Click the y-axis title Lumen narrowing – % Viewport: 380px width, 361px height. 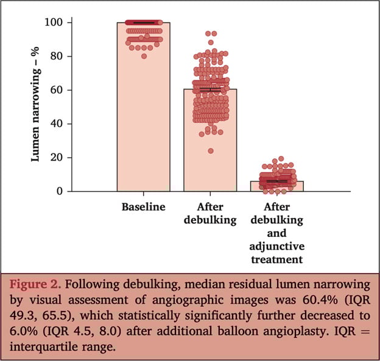[36, 107]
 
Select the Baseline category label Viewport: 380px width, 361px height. [143, 207]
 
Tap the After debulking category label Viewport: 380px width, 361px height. [210, 213]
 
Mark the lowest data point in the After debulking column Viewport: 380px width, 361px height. [210, 151]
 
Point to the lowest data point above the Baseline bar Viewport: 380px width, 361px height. [144, 56]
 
